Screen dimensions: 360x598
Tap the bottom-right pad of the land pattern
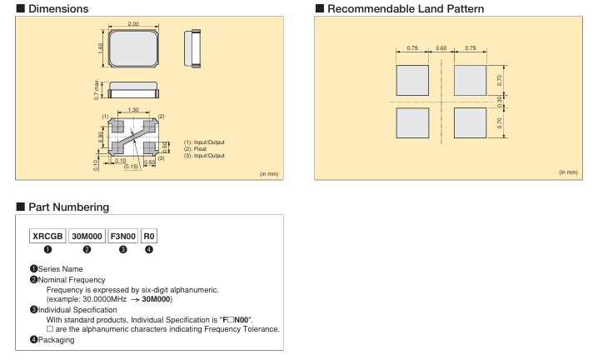[x=469, y=122]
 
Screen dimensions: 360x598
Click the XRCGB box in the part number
[x=47, y=237]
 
